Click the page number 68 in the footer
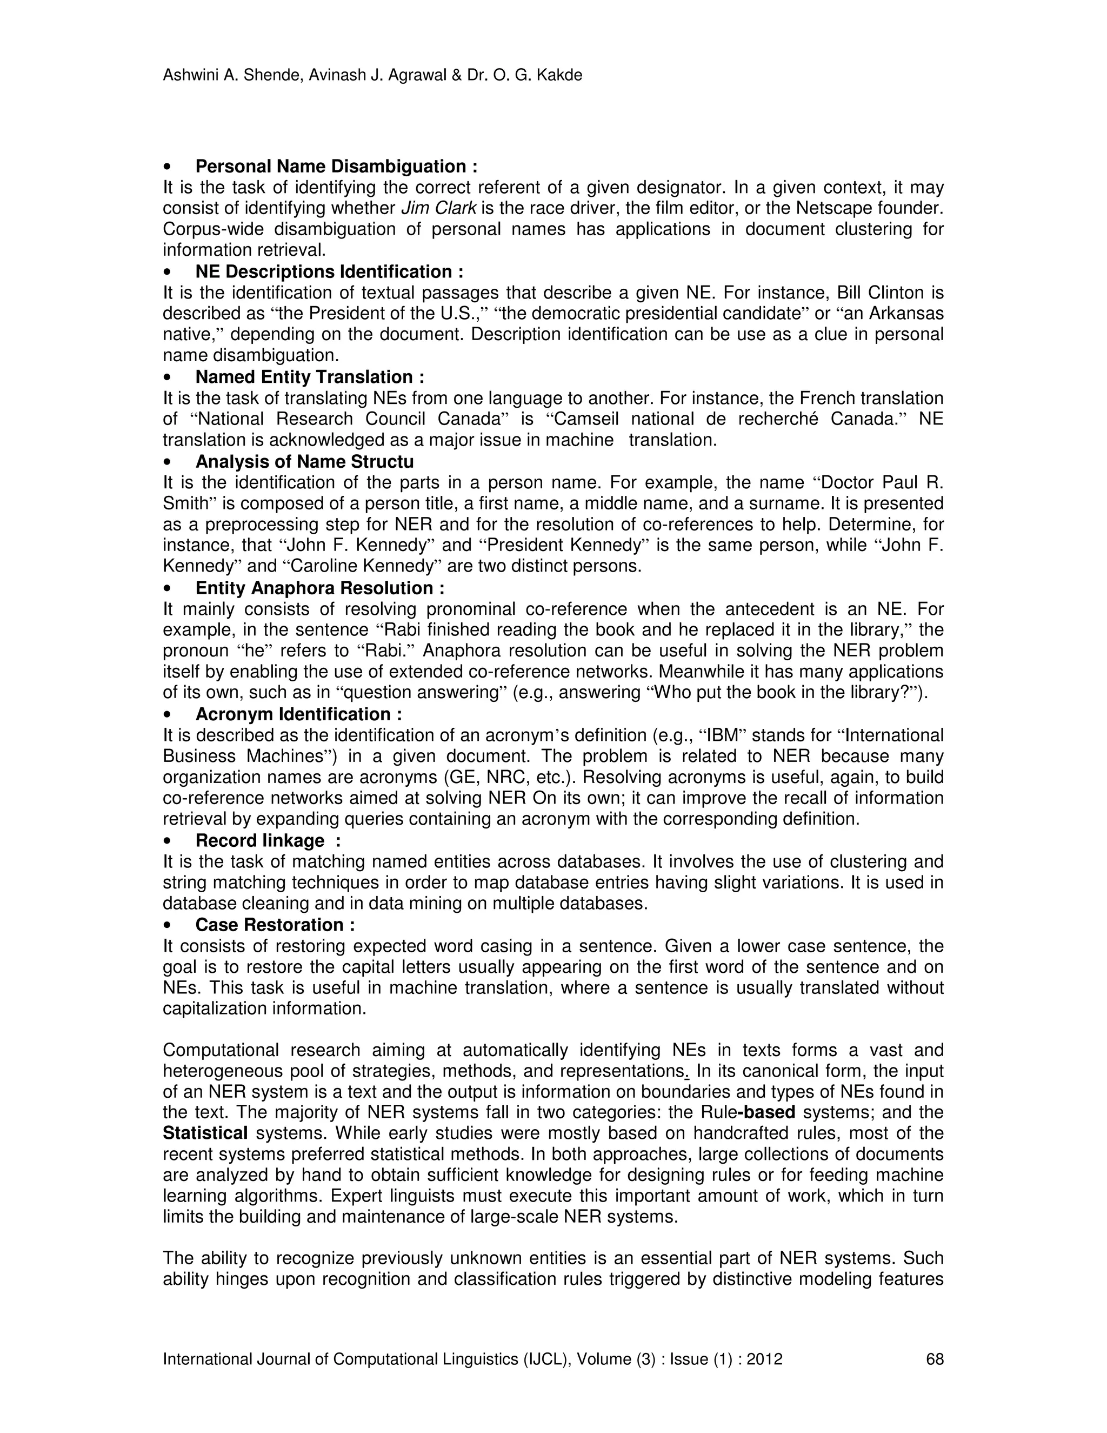935,1359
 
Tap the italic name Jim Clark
440,208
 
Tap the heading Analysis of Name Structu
304,461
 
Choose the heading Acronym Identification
298,714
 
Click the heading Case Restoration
275,925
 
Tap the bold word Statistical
205,1133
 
